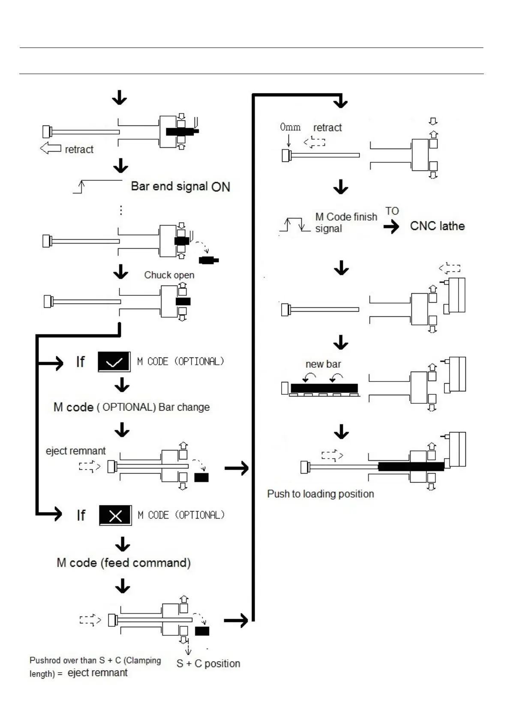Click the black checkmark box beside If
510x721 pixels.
(114, 362)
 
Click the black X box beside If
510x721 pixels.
(115, 515)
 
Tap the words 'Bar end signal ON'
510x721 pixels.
(180, 186)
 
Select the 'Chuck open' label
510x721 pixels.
(169, 275)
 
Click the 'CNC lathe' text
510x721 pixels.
(437, 226)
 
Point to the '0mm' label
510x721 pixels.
(290, 127)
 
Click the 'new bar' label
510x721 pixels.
(323, 364)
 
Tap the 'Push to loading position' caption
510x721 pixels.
(320, 494)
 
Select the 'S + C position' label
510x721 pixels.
(208, 663)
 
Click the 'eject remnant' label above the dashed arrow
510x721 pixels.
(75, 451)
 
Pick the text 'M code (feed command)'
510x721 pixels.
(123, 563)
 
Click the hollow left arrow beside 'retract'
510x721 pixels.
(50, 149)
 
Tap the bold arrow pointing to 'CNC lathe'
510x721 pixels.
(391, 226)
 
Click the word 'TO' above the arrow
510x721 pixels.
(392, 211)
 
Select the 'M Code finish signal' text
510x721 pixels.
(345, 223)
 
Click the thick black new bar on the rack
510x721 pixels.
(324, 388)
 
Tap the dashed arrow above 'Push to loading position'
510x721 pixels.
(332, 455)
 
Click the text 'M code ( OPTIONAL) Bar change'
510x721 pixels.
(132, 407)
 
